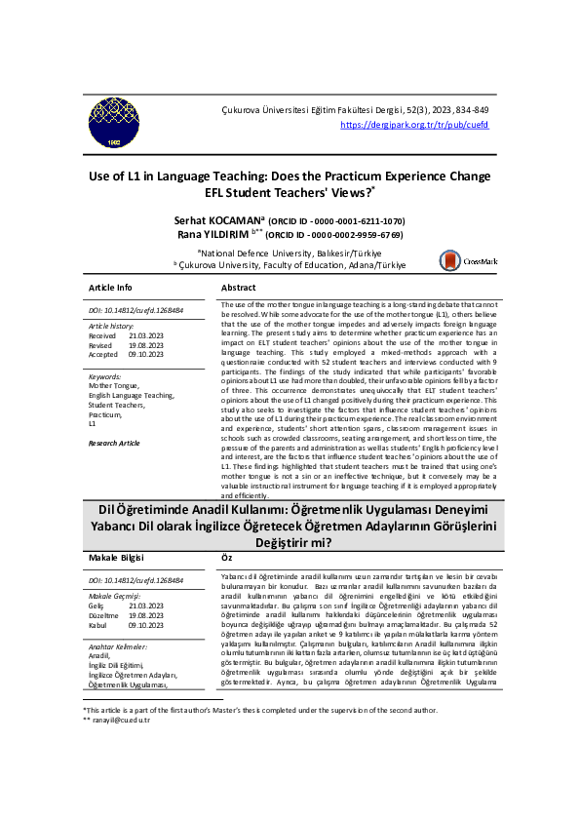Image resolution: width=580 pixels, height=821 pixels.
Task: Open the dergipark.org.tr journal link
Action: [x=414, y=126]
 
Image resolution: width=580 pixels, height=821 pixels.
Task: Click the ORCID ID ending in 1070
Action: [x=336, y=221]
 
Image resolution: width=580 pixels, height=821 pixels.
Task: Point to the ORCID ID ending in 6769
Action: [x=335, y=235]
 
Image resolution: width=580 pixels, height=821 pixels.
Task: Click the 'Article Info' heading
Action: [x=110, y=289]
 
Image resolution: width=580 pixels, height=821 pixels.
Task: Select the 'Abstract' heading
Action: [x=239, y=289]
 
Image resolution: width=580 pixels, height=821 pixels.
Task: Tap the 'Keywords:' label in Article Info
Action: [x=104, y=376]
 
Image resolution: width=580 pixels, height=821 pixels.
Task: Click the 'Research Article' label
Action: [x=114, y=443]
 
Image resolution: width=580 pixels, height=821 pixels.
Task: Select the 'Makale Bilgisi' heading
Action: [x=118, y=558]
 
